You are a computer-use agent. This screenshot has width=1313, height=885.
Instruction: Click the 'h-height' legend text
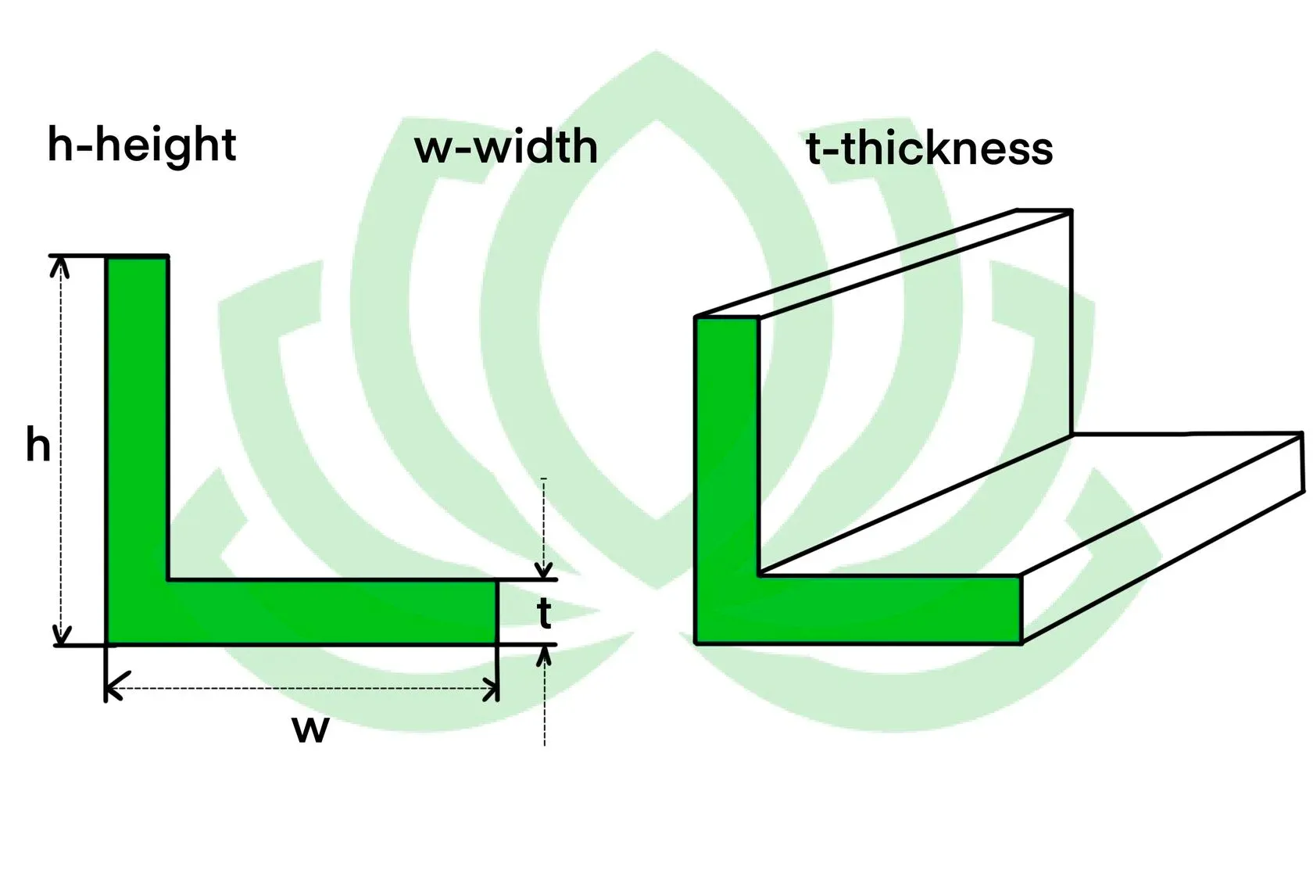(141, 145)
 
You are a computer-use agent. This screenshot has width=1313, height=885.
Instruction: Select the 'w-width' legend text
(506, 147)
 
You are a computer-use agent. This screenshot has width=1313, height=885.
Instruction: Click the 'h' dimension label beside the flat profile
(38, 446)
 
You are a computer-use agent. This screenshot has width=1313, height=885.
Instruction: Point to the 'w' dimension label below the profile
(310, 729)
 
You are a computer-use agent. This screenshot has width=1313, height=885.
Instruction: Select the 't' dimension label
(545, 614)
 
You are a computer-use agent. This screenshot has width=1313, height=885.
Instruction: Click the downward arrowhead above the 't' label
(544, 569)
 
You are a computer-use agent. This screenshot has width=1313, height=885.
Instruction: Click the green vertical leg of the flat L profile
(138, 414)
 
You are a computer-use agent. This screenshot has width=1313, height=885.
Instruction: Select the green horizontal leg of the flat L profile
(328, 612)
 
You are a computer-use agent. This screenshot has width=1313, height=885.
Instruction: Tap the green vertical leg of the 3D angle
(727, 446)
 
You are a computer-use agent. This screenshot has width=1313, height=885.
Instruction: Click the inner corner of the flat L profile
(168, 579)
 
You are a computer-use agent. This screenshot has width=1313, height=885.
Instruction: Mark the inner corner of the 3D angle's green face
(759, 575)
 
